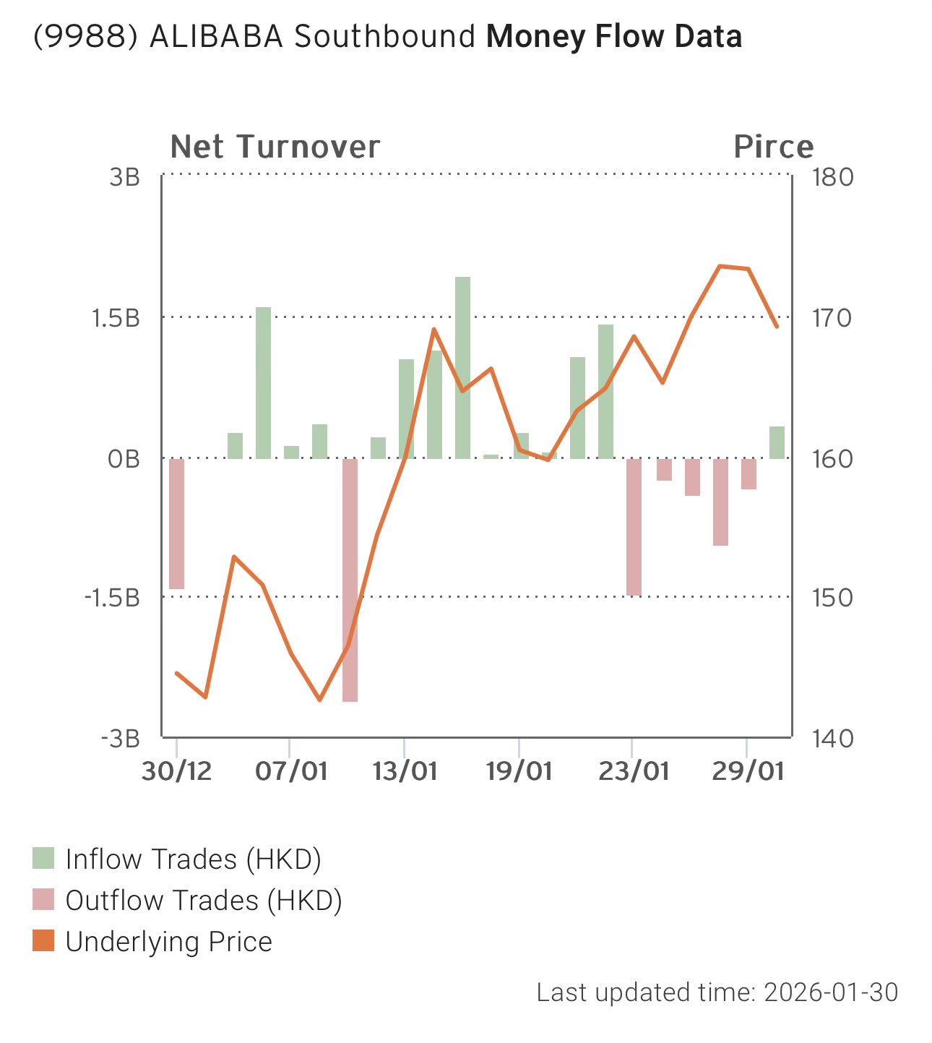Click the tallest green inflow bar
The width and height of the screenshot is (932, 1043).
coord(462,367)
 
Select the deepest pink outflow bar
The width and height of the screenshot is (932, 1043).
coord(350,580)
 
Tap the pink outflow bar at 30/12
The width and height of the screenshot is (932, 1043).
coord(176,523)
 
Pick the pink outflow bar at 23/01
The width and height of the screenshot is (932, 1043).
coord(634,526)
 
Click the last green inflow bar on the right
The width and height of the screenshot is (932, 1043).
coord(777,442)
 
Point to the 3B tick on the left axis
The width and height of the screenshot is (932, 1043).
coord(124,177)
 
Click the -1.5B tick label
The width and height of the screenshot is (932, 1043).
coord(112,598)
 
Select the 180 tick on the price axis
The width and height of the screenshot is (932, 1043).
coord(833,177)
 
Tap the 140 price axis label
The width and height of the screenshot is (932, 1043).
coord(833,739)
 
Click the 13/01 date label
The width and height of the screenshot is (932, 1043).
coord(405,771)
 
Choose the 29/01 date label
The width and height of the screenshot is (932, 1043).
coord(747,771)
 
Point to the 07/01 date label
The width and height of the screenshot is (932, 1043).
coord(290,771)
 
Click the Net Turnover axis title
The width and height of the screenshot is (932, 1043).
coord(275,147)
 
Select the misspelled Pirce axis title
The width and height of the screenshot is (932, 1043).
coord(773,147)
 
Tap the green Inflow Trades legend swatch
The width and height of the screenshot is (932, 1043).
coord(43,859)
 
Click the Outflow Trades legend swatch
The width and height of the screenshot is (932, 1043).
coord(43,900)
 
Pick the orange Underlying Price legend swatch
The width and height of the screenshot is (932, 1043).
coord(43,941)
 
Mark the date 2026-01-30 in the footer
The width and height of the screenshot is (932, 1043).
coord(831,992)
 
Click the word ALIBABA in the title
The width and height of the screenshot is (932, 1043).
coord(216,37)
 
